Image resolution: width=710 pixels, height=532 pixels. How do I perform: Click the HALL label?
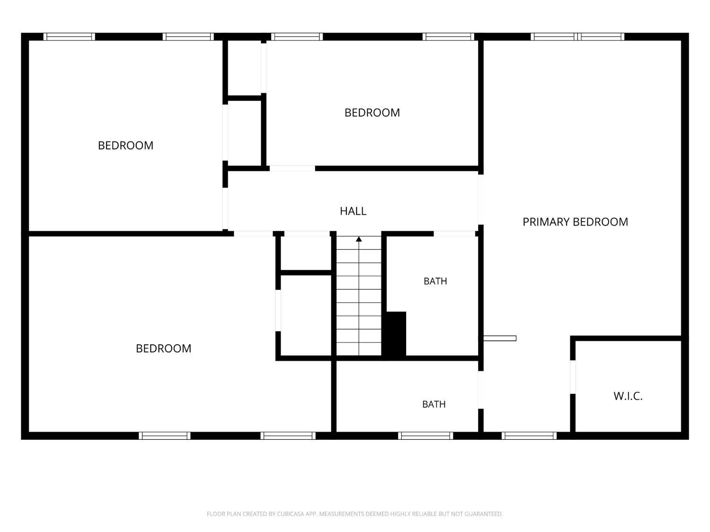click(353, 211)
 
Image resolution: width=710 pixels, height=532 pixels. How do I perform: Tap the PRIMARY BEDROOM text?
click(575, 222)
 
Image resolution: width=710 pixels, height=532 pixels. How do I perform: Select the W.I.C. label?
click(628, 396)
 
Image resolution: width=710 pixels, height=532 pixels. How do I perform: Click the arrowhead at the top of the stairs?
click(359, 239)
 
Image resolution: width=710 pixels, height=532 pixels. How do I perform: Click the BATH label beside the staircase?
click(435, 281)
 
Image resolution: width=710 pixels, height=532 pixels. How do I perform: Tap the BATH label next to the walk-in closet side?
click(434, 404)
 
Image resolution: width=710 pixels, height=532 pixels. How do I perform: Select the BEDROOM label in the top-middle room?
click(372, 113)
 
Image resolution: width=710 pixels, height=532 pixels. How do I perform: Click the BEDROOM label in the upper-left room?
click(125, 145)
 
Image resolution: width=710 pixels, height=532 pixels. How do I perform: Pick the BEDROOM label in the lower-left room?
click(163, 349)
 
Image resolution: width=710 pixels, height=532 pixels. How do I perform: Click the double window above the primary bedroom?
click(577, 36)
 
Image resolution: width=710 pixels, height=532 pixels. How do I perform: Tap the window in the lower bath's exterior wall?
click(426, 436)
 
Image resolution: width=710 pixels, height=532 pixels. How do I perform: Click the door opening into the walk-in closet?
click(573, 376)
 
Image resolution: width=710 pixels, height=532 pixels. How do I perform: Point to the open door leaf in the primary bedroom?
click(499, 338)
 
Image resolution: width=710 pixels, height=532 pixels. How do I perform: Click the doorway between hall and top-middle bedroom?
click(292, 168)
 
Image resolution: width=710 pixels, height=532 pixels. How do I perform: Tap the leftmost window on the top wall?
click(69, 36)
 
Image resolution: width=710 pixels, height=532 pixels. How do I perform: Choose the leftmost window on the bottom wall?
click(165, 436)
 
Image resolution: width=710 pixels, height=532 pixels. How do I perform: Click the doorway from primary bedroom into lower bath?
click(480, 390)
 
